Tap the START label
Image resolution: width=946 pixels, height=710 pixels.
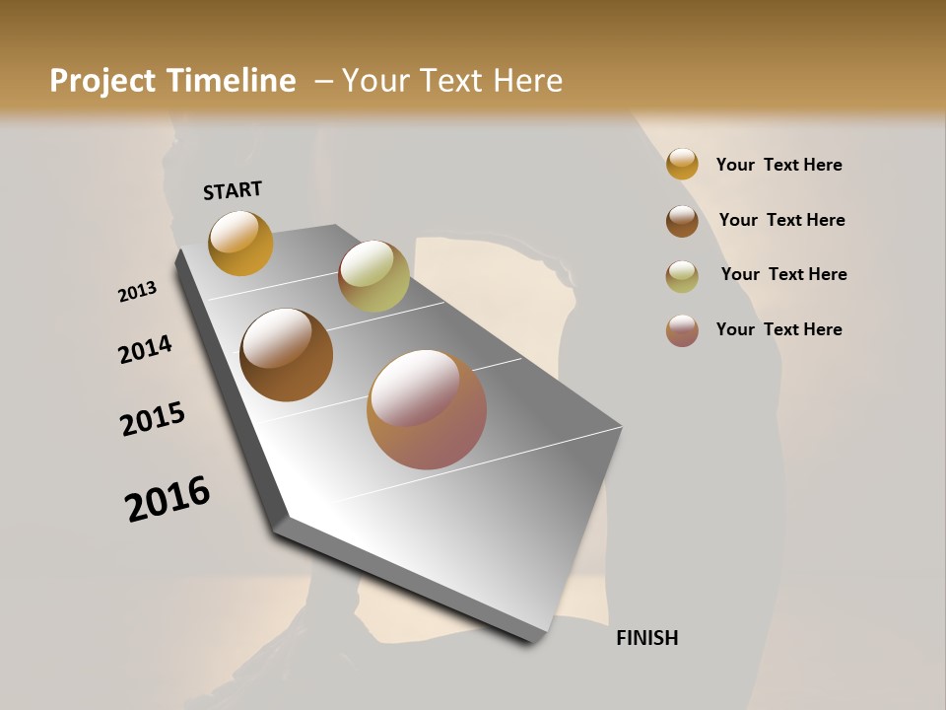click(x=233, y=190)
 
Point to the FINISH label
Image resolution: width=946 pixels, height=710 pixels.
click(x=646, y=638)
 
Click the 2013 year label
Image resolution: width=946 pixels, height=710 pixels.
click(x=137, y=292)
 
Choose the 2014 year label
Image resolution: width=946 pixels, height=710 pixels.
click(x=145, y=349)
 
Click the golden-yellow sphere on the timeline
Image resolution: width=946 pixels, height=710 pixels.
click(x=240, y=243)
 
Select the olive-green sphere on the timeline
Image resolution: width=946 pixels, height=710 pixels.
click(x=373, y=276)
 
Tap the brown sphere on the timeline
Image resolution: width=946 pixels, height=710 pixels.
click(x=286, y=355)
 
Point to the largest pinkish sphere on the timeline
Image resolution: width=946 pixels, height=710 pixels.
click(x=427, y=409)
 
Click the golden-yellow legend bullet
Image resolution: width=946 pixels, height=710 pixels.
click(x=682, y=164)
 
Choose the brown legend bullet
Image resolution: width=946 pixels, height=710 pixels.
click(x=682, y=221)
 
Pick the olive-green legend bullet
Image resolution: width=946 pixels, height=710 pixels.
click(x=682, y=276)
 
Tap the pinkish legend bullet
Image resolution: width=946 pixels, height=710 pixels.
click(x=682, y=330)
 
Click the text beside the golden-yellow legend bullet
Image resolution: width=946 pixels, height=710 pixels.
click(x=778, y=166)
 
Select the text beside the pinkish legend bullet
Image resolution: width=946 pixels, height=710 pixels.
click(x=778, y=329)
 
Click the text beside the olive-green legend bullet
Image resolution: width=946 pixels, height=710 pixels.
click(x=783, y=274)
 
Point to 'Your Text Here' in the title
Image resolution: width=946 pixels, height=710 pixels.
click(x=452, y=81)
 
